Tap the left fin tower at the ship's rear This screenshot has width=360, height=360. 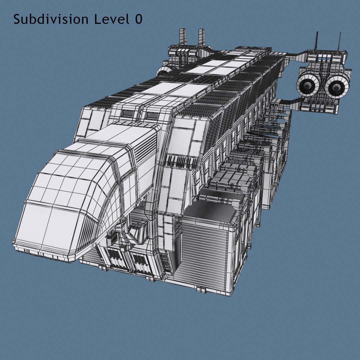[x=182, y=37]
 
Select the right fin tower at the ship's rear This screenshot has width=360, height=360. [x=201, y=37]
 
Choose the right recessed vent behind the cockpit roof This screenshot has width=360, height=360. [x=152, y=115]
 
